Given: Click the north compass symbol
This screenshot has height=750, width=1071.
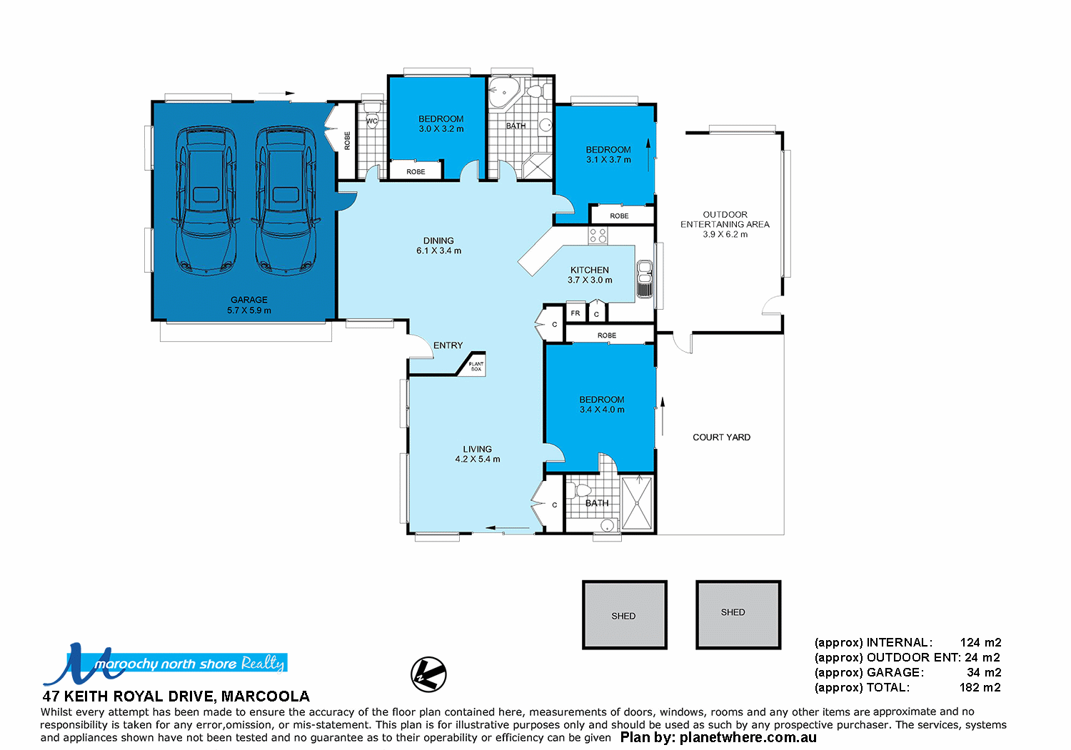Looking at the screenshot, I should coord(428,674).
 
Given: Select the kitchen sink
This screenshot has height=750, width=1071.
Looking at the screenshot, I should coord(645,279).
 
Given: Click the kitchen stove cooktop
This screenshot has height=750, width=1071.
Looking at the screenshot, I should coord(598,235).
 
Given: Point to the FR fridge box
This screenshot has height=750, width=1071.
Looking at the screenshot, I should coord(575,313).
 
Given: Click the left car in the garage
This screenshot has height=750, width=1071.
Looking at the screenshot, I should coord(206,201).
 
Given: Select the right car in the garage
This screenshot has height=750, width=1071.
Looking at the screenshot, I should coord(286,201).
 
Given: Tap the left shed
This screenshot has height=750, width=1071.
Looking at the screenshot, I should coord(624,614).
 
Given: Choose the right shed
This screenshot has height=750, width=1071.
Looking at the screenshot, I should coord(738,614).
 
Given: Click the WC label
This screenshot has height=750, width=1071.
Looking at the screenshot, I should coord(371,121).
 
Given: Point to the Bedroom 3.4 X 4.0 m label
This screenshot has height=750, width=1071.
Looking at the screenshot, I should coord(602,405).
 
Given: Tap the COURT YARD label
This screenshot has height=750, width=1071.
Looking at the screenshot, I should coord(721,437).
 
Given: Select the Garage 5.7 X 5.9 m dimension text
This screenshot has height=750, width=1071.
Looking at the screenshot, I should coord(249,310).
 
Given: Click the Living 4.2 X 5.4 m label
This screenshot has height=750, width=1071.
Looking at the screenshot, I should coord(477,455).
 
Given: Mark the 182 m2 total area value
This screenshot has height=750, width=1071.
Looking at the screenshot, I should coord(980,688).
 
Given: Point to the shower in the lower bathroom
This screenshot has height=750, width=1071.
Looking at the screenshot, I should coord(637,503).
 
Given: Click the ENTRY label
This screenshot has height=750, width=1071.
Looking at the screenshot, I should coord(448,345).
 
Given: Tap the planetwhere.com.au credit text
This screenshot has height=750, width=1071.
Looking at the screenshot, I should coord(718,738).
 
